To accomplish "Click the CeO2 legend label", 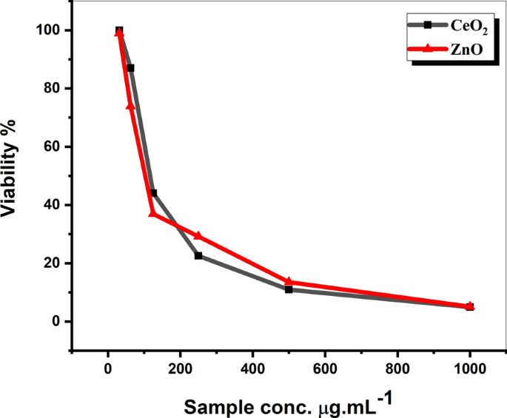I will point(469,26).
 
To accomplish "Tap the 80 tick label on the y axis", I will point(53,89).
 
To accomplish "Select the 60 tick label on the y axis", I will point(53,146).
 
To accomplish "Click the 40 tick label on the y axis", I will point(53,205).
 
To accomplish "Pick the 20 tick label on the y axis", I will point(53,263).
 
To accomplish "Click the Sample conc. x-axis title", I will point(288,405).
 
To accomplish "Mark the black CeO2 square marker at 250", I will point(198,256).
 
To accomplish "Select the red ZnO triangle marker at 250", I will point(198,235).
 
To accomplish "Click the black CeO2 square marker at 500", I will point(289,289).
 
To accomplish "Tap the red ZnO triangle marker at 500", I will point(289,281).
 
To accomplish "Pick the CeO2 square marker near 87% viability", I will point(131,68).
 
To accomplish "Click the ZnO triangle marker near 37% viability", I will point(152,213).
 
